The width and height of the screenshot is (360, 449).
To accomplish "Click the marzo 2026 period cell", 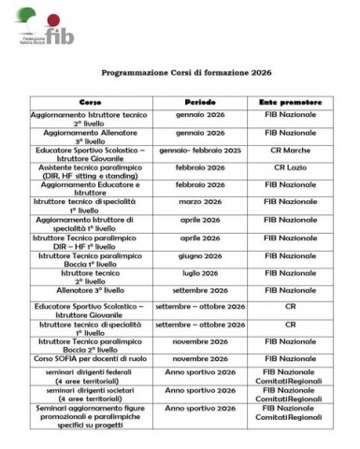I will click(x=200, y=202).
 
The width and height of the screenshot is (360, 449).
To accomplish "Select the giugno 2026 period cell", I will click(x=200, y=255).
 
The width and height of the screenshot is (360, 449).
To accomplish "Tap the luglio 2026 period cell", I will click(x=200, y=273).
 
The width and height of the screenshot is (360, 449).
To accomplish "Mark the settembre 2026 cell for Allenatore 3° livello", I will click(x=200, y=290).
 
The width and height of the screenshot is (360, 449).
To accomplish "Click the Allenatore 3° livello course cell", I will click(x=90, y=291).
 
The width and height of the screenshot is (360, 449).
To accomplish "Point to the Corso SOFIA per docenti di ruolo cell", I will click(x=90, y=358).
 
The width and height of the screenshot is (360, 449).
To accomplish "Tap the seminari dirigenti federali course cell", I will click(x=90, y=377).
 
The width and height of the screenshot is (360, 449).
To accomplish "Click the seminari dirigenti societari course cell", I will click(x=90, y=395).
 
